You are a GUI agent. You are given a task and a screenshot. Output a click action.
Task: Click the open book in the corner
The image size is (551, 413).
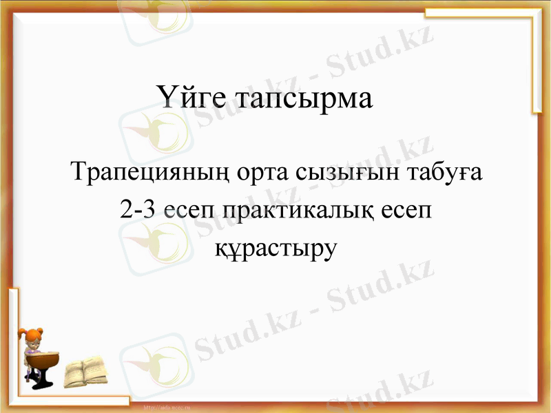[85, 372]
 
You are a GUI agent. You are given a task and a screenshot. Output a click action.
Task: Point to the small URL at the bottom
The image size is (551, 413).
[166, 408]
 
